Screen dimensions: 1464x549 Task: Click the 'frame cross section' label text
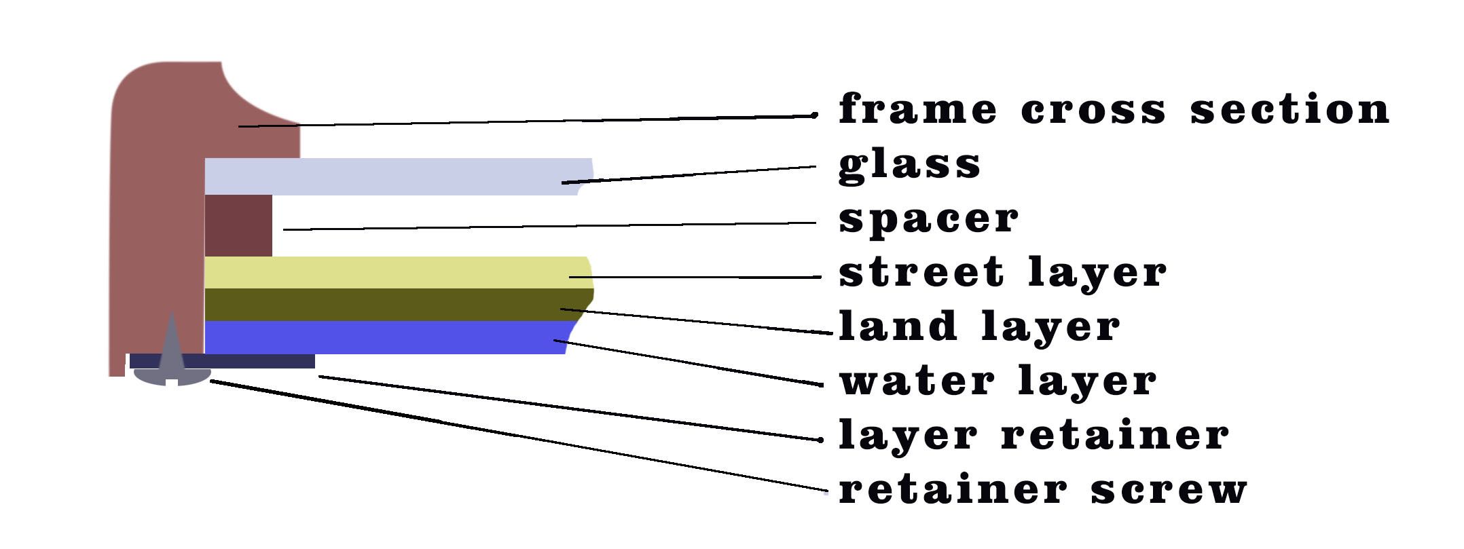tap(1114, 109)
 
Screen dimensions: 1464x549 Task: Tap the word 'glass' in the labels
tap(910, 164)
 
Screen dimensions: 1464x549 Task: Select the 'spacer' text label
tap(929, 219)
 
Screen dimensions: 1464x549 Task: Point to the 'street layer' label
tap(1003, 271)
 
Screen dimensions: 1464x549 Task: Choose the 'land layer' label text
tap(979, 326)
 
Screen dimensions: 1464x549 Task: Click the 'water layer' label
tap(998, 380)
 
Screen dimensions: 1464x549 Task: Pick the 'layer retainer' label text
tap(1033, 434)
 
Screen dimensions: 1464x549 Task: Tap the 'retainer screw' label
tap(1043, 489)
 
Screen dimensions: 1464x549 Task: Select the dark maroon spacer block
tap(238, 226)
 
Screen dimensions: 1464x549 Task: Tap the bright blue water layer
tap(390, 337)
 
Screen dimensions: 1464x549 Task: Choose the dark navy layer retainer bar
tap(222, 361)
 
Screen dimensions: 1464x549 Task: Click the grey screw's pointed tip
tap(172, 314)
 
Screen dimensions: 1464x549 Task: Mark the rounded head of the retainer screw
tap(172, 377)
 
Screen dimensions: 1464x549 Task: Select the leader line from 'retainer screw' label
tap(519, 436)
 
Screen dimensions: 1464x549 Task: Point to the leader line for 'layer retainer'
tap(570, 408)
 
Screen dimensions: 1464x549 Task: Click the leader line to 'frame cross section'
tap(527, 121)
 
